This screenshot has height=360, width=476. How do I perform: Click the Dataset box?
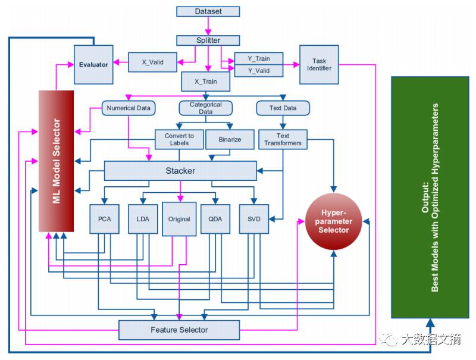[x=208, y=11]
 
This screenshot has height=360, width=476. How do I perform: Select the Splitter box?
[x=208, y=40]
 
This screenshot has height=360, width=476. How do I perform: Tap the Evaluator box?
[x=93, y=64]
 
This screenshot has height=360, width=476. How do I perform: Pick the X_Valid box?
[x=154, y=62]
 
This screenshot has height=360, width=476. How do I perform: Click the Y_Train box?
[x=258, y=58]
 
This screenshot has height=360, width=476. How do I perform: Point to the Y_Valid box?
[x=258, y=71]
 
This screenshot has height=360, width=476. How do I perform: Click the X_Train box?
[x=206, y=81]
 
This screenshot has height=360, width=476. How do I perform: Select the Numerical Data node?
[x=129, y=108]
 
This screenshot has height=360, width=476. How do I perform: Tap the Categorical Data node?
[x=205, y=108]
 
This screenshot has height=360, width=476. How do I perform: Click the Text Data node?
[x=283, y=108]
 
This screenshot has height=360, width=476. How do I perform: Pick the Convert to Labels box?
[x=179, y=140]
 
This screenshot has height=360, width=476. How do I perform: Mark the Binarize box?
[x=230, y=140]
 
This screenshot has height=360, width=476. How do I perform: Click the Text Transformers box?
[x=283, y=140]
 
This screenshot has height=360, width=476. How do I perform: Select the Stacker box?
[x=180, y=171]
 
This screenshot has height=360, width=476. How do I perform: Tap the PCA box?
[x=104, y=219]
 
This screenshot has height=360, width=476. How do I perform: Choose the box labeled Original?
[x=179, y=219]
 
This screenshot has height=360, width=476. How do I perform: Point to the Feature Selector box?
[x=179, y=330]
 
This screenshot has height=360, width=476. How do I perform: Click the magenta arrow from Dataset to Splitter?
[x=208, y=26]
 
